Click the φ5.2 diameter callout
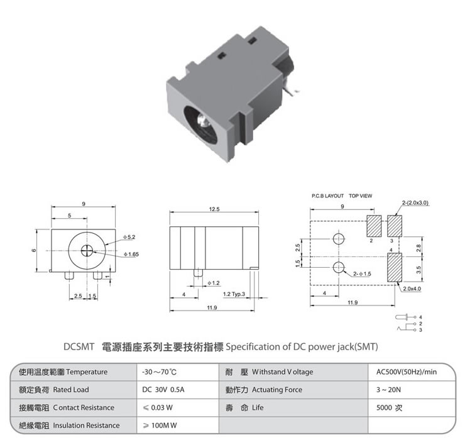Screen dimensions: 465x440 (x=129, y=237)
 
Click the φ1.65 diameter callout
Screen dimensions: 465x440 (x=131, y=254)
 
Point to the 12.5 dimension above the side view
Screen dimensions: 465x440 (x=214, y=209)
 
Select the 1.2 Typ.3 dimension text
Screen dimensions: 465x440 (x=234, y=294)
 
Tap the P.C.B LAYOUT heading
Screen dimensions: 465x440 (x=327, y=196)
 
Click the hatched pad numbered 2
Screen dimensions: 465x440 (x=374, y=226)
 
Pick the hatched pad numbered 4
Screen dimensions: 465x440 (x=395, y=267)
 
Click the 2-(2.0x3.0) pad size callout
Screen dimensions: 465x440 (x=415, y=202)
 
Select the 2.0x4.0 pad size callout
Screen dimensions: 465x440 (x=412, y=289)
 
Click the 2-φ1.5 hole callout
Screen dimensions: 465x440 (x=362, y=273)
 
